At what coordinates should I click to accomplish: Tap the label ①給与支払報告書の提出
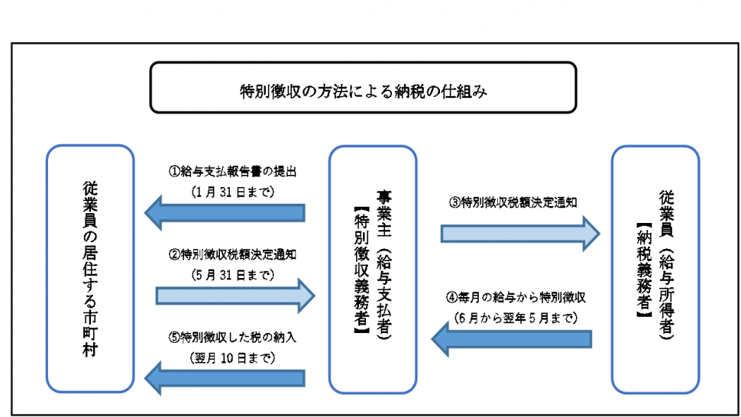tap(231, 171)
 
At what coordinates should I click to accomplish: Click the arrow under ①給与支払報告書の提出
tap(227, 213)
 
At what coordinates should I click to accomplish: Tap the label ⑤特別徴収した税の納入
tap(231, 335)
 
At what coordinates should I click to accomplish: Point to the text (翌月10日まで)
tap(231, 356)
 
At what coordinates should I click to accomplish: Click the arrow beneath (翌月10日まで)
tap(227, 377)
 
